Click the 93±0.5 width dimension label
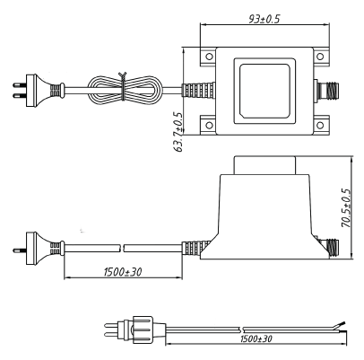point(264,19)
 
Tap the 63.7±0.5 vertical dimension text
point(178,132)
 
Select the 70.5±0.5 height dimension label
point(346,208)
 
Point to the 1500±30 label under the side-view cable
point(123,272)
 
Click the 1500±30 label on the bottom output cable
point(256,338)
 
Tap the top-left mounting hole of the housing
point(210,57)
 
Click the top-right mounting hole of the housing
point(320,57)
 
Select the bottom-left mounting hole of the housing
point(210,125)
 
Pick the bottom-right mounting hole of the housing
point(320,125)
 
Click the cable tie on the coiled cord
point(123,86)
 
